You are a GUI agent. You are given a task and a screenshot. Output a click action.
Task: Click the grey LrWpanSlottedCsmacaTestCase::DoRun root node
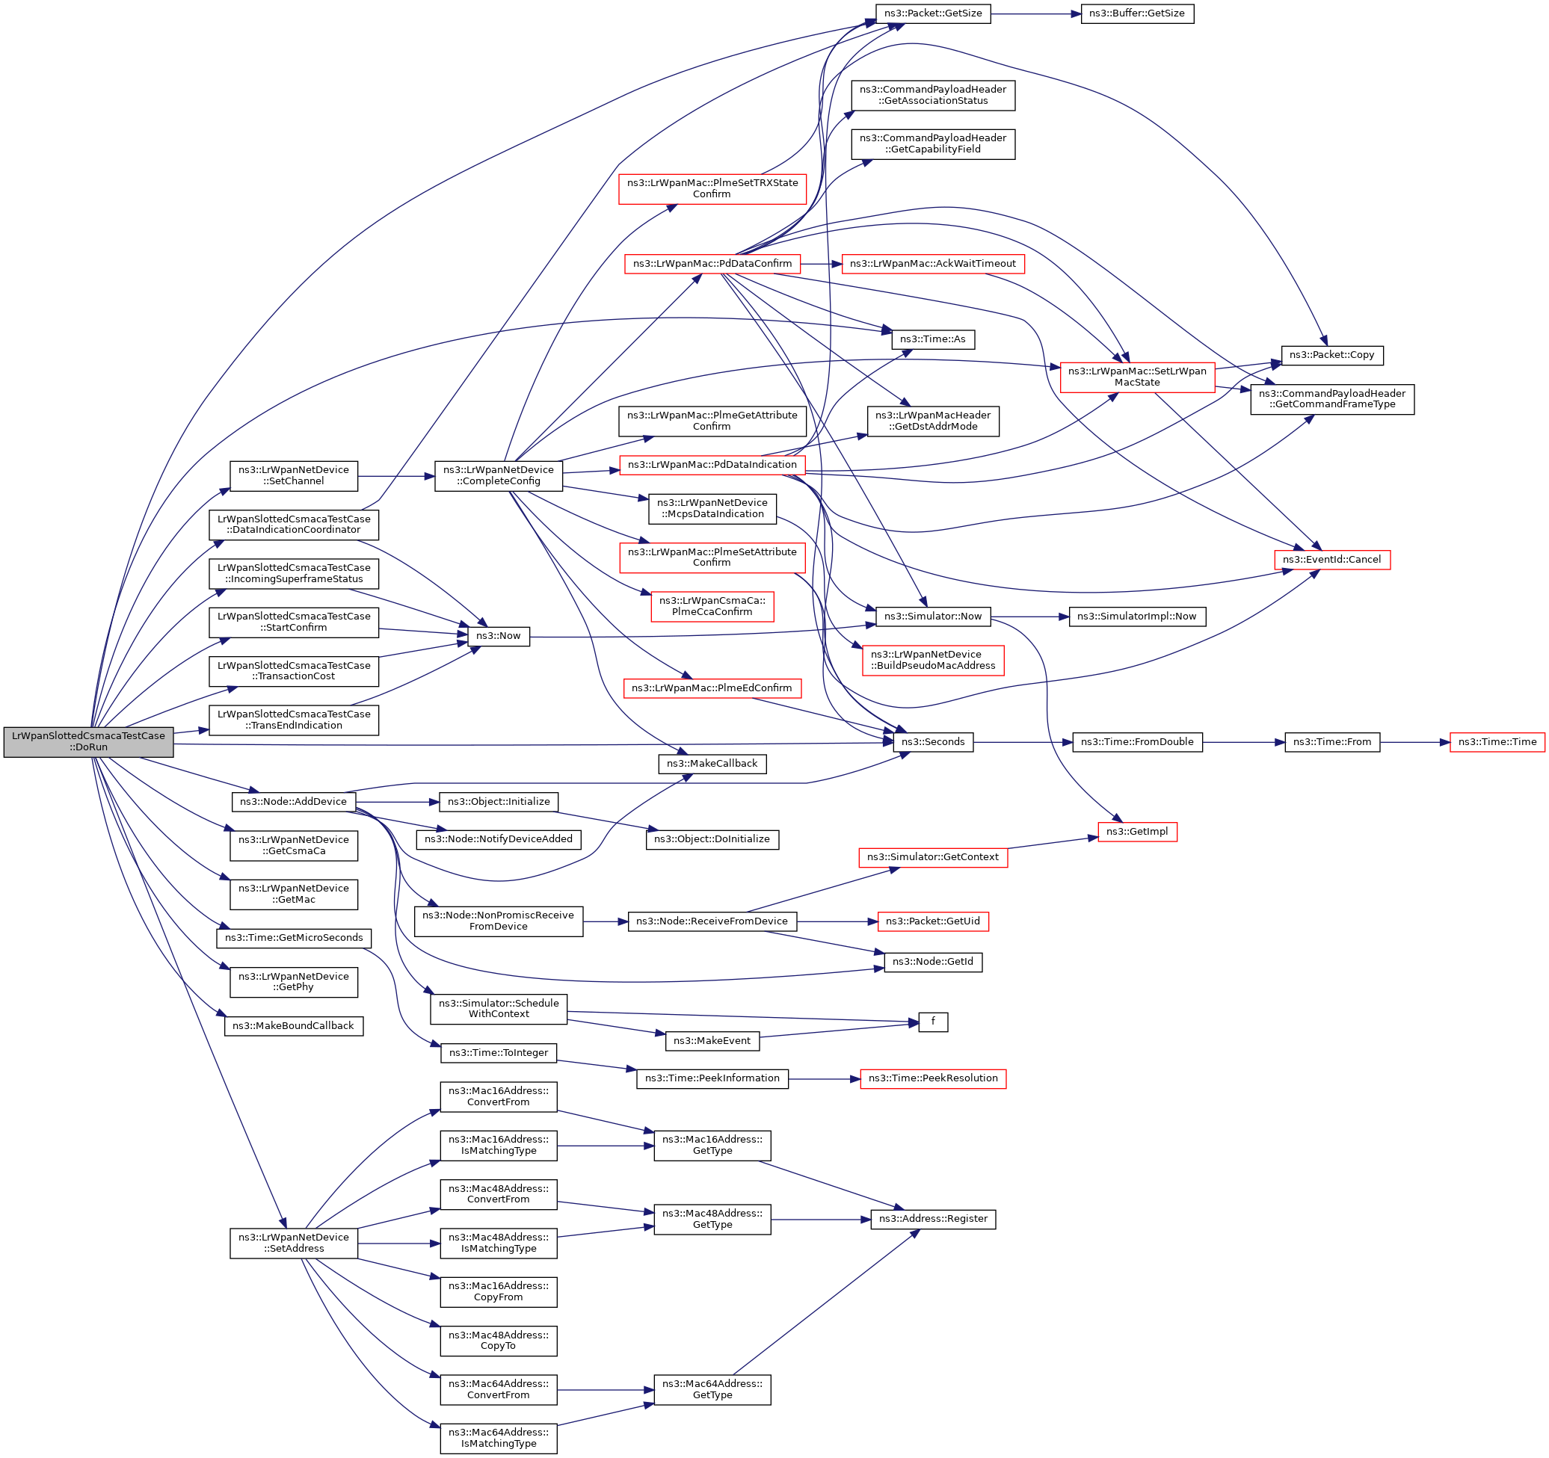[88, 741]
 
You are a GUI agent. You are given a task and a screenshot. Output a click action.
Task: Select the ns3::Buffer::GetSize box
[1137, 14]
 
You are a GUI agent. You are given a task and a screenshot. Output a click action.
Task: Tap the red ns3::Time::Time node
[1497, 742]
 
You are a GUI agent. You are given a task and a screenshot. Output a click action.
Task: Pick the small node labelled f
[933, 1021]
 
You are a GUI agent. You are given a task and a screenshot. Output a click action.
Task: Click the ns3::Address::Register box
[933, 1219]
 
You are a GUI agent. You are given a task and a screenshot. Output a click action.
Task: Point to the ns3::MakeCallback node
[712, 764]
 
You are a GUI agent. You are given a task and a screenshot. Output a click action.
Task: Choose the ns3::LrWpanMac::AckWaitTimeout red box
[933, 264]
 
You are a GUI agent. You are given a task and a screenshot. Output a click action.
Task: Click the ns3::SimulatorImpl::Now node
[1137, 617]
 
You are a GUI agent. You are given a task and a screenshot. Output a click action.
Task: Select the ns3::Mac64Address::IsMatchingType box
[499, 1438]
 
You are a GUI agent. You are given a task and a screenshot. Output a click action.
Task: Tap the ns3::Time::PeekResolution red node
[933, 1078]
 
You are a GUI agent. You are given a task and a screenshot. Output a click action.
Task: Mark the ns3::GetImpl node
[1137, 832]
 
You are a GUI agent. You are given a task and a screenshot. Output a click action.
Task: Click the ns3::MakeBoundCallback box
[294, 1026]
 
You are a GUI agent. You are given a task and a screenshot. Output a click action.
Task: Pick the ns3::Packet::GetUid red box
[933, 921]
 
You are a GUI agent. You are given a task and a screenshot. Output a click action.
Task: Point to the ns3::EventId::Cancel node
[1331, 560]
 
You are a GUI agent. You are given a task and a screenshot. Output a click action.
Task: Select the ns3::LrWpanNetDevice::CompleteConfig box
[499, 476]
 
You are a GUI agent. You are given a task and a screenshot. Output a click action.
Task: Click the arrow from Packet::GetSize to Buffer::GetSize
[1035, 14]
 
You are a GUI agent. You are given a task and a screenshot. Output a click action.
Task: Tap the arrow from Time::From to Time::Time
[1414, 742]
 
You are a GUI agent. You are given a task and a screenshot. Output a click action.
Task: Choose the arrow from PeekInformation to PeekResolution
[825, 1078]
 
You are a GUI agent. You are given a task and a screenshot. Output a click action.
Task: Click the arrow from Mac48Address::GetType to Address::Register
[820, 1219]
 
